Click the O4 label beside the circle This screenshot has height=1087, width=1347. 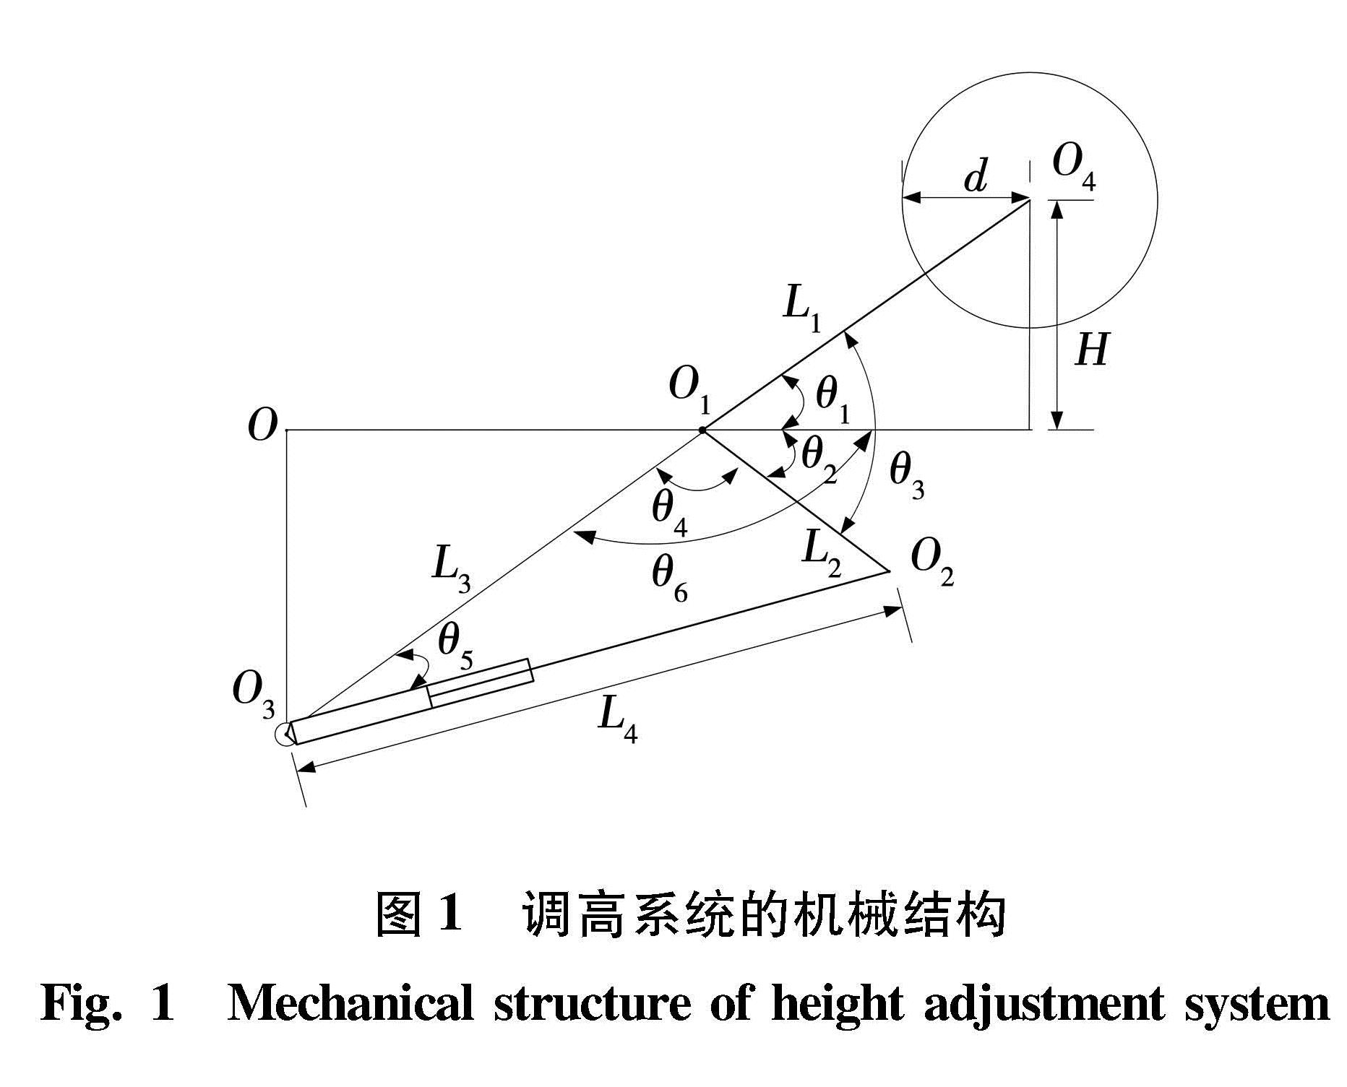1074,166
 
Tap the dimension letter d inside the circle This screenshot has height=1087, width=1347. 975,176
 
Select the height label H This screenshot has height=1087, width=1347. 1091,350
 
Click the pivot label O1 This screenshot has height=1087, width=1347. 689,388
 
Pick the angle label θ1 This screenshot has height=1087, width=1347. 832,399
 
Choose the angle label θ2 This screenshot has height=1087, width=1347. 819,459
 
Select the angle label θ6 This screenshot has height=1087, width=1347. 669,579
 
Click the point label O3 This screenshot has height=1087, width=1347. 254,694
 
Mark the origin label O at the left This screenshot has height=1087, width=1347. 262,426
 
